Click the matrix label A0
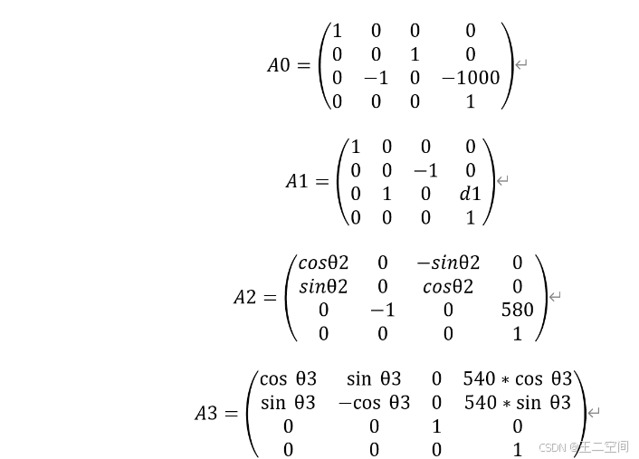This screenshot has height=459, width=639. click(x=278, y=65)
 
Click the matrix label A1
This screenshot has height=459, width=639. click(x=296, y=182)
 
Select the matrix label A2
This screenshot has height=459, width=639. click(x=244, y=298)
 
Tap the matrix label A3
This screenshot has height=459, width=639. click(x=205, y=414)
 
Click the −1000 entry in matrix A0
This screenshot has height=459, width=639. click(x=471, y=78)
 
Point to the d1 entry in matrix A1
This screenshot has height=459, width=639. click(x=470, y=194)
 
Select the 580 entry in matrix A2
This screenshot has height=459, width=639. click(x=517, y=310)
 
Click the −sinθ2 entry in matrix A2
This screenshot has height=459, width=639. click(x=448, y=263)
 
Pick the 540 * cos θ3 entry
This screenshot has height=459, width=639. click(x=517, y=378)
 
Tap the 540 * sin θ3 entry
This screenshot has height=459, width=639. click(x=517, y=402)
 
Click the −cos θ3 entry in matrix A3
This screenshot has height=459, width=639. click(x=374, y=402)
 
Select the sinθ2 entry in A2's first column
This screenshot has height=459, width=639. click(x=323, y=286)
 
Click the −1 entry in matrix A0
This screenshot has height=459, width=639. click(x=376, y=78)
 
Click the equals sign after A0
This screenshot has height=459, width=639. click(x=302, y=65)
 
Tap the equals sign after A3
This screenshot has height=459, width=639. click(x=231, y=414)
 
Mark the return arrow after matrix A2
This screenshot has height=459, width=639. click(x=556, y=296)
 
